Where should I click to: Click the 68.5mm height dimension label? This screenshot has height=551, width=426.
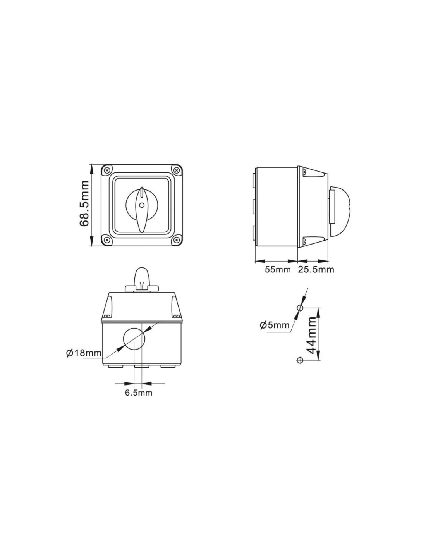(x=84, y=203)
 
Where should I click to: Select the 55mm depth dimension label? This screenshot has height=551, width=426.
(x=278, y=270)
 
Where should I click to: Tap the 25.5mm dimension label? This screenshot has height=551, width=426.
(x=316, y=270)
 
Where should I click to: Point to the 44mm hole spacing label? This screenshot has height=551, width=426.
(x=311, y=335)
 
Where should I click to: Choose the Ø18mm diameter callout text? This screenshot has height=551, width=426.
(x=84, y=353)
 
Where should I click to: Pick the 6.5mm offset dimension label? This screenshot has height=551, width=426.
(x=139, y=393)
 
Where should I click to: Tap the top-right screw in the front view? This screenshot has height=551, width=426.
(x=176, y=170)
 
